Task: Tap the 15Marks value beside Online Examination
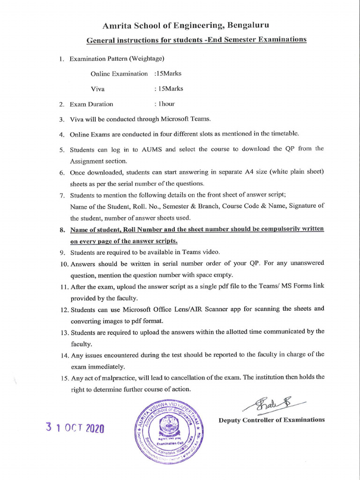pyautogui.click(x=169, y=74)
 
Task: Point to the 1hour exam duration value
pyautogui.click(x=167, y=104)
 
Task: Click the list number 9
pyautogui.click(x=62, y=252)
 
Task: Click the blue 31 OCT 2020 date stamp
pyautogui.click(x=75, y=428)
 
